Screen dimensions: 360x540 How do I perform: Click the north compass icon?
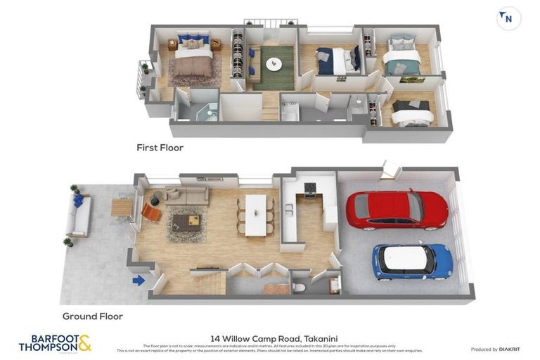[x=508, y=19]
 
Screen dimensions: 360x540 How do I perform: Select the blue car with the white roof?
[x=411, y=260]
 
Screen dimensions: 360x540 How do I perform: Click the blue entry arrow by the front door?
[x=139, y=281]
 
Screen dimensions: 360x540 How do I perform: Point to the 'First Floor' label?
[x=160, y=148]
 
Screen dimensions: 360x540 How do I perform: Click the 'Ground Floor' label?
[x=93, y=316]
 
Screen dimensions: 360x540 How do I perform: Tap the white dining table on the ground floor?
[x=256, y=214]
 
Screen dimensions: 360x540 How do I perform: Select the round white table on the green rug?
[x=273, y=64]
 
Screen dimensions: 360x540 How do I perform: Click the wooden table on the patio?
[x=121, y=207]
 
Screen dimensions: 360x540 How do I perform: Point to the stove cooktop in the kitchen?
[x=309, y=187]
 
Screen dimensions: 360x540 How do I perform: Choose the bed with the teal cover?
[x=402, y=57]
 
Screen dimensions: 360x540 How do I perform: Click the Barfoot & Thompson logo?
[x=55, y=343]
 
